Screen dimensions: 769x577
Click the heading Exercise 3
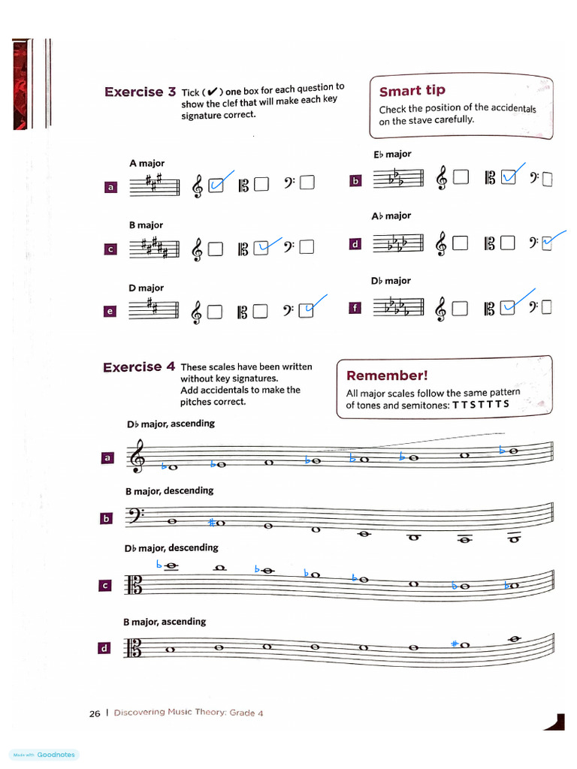140,92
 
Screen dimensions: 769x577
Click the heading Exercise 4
139,367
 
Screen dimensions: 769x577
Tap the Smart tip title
412,91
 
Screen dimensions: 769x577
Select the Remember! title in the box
387,375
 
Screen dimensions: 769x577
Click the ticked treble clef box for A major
216,185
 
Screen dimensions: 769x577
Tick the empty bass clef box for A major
307,185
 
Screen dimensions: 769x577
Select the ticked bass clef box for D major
307,310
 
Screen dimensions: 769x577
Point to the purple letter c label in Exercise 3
110,249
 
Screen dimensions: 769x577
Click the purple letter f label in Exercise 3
355,308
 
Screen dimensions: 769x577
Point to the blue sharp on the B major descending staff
213,522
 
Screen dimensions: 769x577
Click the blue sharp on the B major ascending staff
455,644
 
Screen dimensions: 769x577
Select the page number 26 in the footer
95,713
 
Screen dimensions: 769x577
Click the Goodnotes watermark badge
44,755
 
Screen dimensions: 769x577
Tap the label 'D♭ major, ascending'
171,424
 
